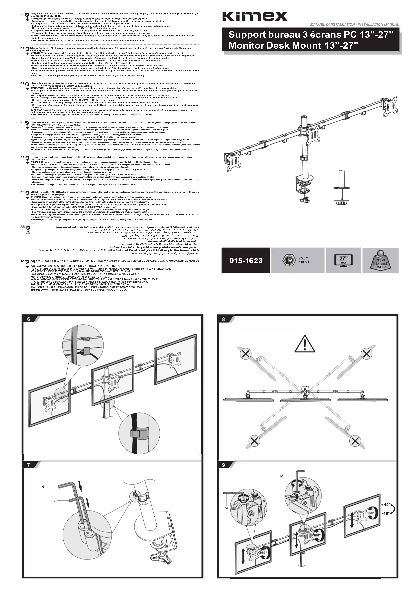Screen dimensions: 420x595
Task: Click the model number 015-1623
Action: tap(246, 260)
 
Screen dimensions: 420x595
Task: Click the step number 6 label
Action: tap(29, 319)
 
